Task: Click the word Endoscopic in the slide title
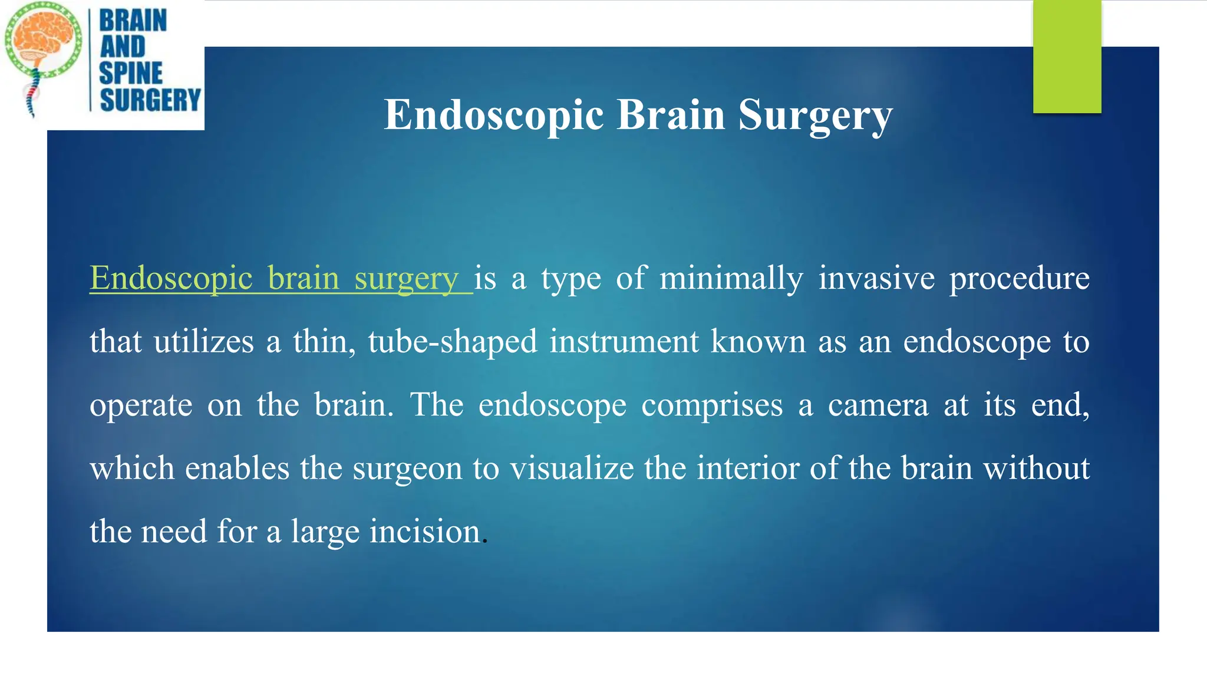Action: point(494,116)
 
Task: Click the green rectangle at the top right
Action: point(1067,57)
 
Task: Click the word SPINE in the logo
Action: point(131,73)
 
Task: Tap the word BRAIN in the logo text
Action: point(133,21)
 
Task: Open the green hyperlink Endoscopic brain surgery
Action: point(275,278)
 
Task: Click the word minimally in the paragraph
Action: point(731,278)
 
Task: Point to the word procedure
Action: point(1019,279)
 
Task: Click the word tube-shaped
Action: point(453,342)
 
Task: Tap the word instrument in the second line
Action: point(624,342)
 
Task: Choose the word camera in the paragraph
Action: point(878,406)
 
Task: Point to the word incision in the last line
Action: point(425,532)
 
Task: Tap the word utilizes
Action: point(203,342)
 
